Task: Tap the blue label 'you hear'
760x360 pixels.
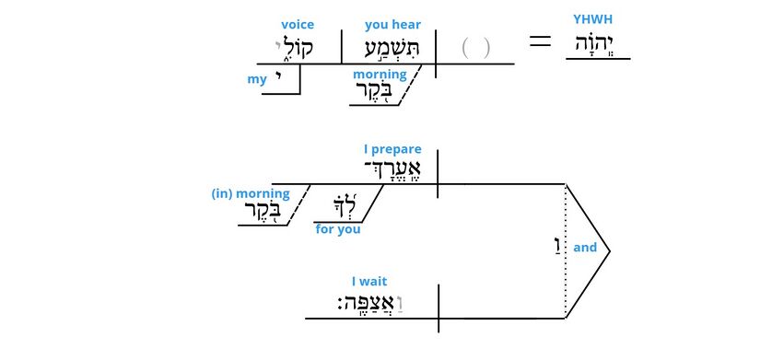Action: coord(392,26)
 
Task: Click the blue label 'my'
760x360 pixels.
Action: coord(257,79)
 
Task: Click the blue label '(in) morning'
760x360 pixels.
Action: coord(251,193)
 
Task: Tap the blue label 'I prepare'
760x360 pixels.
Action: coord(392,148)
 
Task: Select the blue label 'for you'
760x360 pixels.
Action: coord(338,229)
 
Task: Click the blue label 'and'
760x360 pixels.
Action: coord(585,247)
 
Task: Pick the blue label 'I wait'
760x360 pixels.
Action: coord(371,281)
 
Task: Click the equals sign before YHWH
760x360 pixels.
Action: coord(541,42)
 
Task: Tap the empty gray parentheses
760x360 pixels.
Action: coord(475,48)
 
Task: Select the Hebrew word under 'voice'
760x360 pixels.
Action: coord(295,48)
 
